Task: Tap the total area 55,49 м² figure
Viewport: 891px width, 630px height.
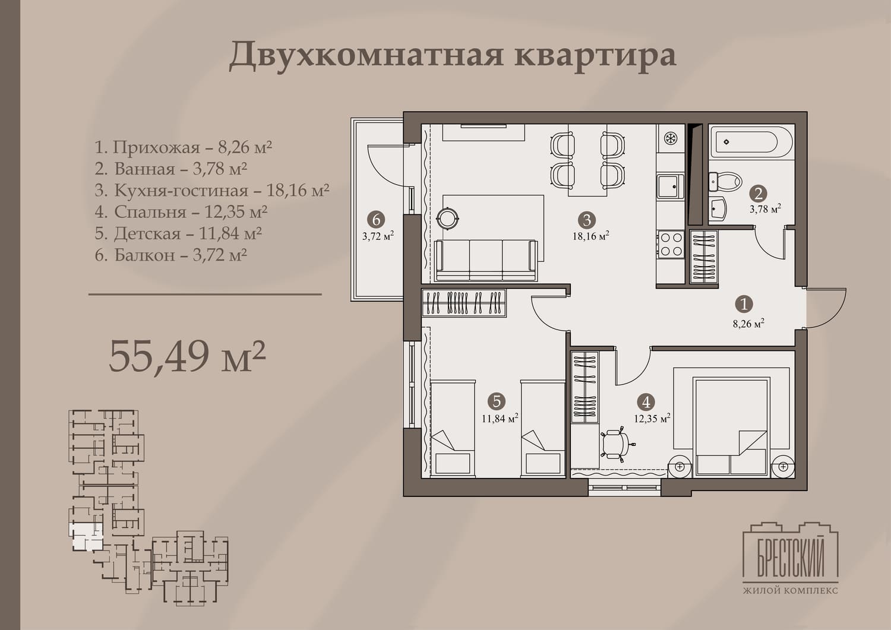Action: [187, 355]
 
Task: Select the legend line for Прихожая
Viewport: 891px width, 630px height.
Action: [184, 147]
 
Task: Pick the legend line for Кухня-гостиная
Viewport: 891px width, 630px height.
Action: [212, 190]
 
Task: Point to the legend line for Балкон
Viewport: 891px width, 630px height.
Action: [170, 255]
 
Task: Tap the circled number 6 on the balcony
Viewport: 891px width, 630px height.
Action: [376, 220]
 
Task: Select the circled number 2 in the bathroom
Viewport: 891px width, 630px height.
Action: [758, 194]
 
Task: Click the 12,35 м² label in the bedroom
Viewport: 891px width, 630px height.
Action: [652, 419]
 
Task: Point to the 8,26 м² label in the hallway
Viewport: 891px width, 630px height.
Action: [748, 324]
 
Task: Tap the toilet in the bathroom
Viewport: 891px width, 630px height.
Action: [725, 182]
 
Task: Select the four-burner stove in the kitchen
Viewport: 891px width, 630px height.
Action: [671, 245]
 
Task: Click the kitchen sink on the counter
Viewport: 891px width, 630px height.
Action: [671, 186]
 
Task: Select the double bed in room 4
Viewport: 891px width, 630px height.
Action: [731, 426]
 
